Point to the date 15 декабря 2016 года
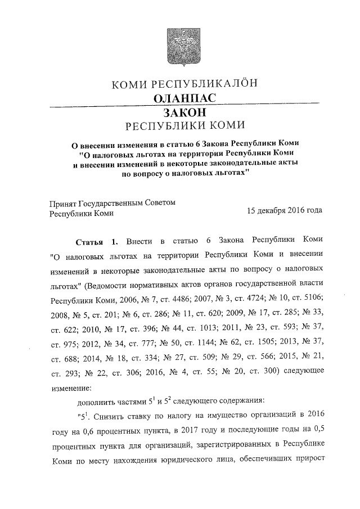[x=285, y=213]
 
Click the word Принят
[x=62, y=202]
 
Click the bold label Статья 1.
[x=96, y=242]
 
